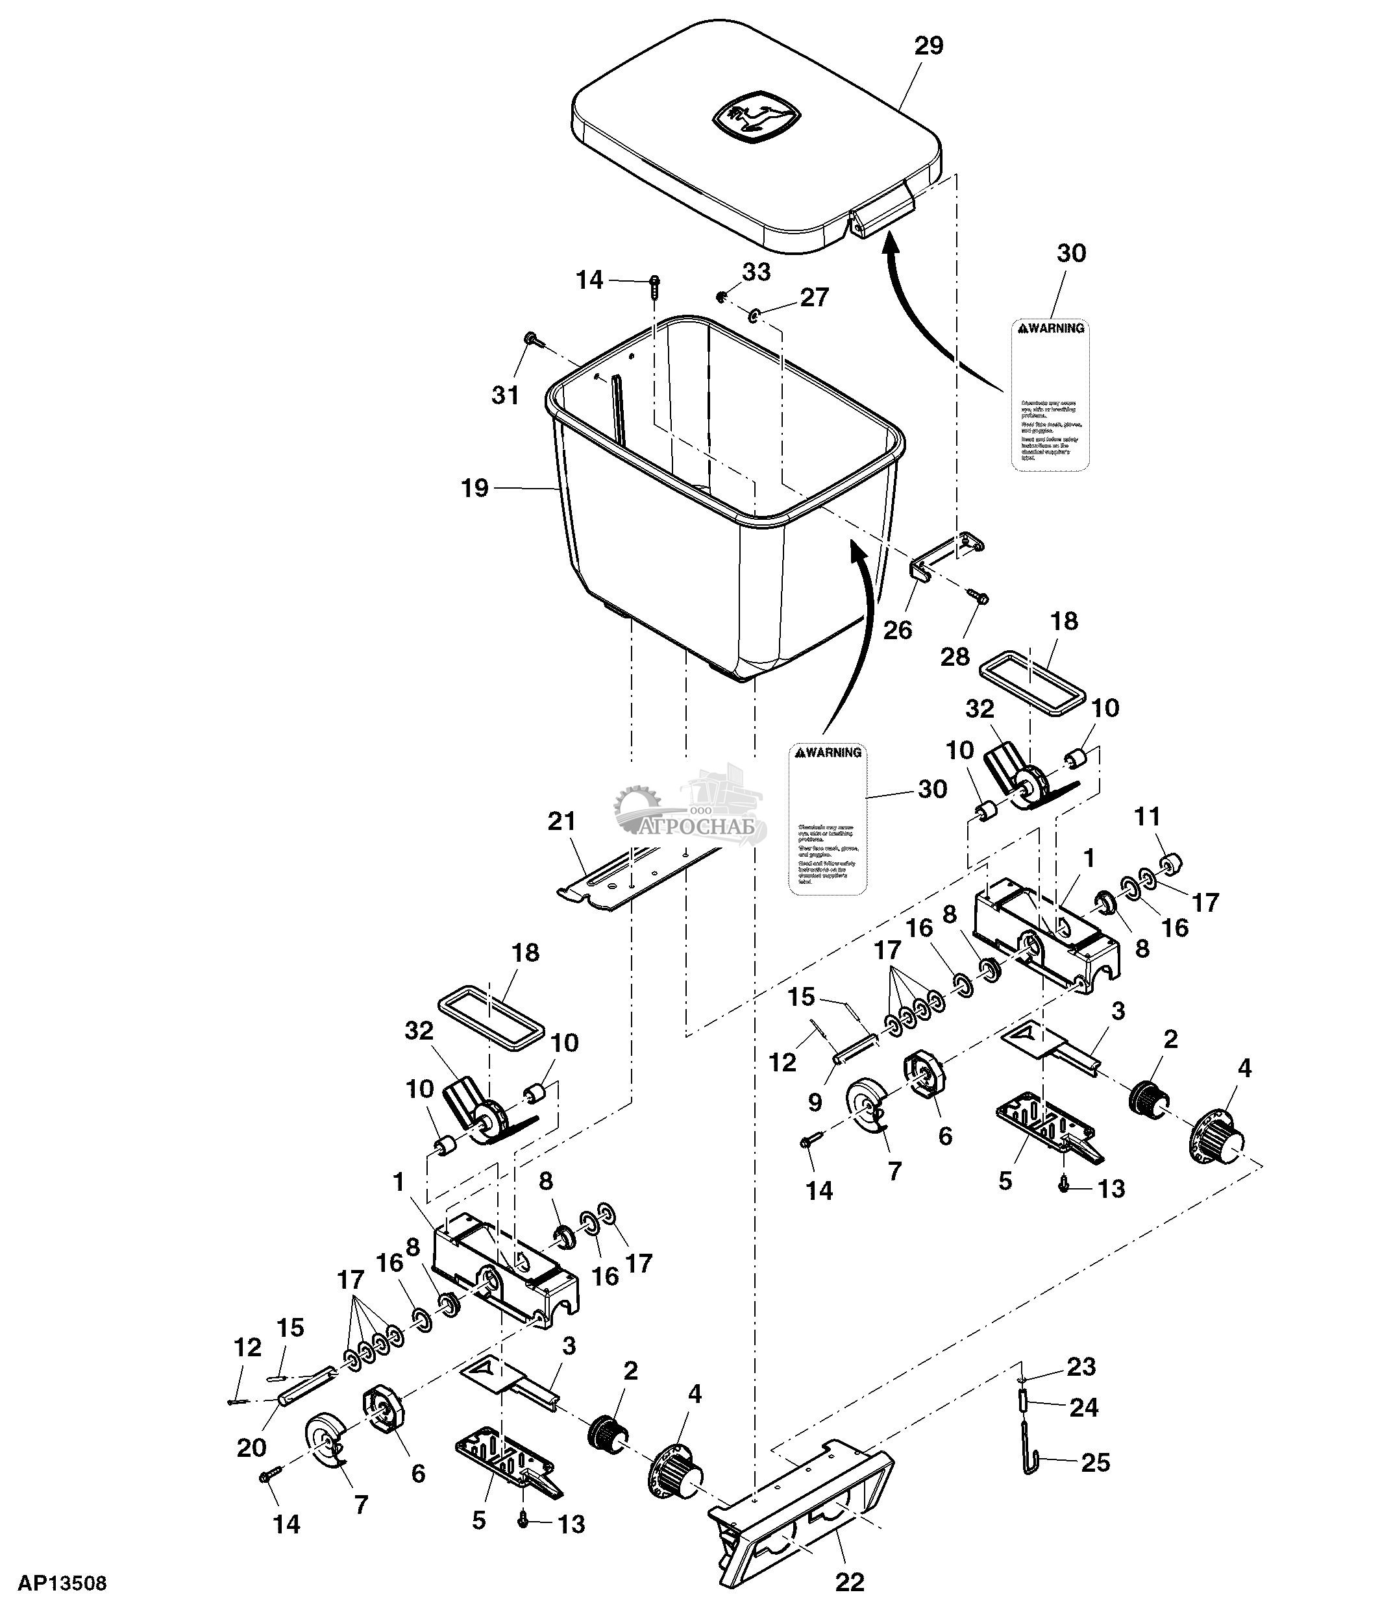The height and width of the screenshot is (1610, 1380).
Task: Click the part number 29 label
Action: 929,46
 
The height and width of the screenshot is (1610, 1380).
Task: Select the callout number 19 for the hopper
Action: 474,488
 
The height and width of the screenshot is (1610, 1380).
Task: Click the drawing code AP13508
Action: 62,1583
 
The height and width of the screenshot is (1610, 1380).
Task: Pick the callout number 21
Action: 561,822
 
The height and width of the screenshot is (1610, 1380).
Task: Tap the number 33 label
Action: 756,272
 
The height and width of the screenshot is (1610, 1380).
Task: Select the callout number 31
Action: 505,395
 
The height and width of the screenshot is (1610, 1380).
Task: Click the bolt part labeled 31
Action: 531,339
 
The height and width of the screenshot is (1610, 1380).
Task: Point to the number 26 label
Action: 898,629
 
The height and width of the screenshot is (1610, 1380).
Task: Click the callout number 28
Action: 955,657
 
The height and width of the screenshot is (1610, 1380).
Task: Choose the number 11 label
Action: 1147,816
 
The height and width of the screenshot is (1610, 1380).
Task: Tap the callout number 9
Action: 815,1102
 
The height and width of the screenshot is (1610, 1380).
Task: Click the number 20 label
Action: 251,1447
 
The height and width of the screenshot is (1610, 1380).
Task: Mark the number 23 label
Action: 1081,1367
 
